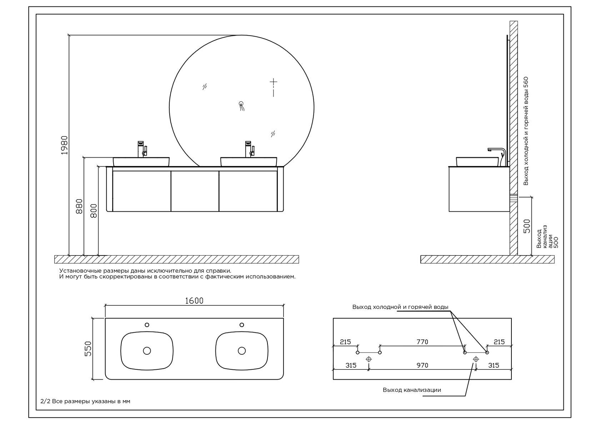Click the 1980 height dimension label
click(x=65, y=145)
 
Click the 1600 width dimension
click(x=194, y=301)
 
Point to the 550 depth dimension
click(x=88, y=349)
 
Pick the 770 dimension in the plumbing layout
click(x=422, y=342)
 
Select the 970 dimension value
click(x=422, y=365)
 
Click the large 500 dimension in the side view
click(x=527, y=226)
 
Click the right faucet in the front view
click(x=249, y=149)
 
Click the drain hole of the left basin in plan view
click(x=147, y=350)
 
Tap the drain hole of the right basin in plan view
click(x=242, y=350)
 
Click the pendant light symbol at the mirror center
click(x=241, y=106)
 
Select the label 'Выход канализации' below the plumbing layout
click(x=412, y=390)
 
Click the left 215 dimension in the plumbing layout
click(x=345, y=342)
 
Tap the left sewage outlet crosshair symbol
click(x=369, y=359)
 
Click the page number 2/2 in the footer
click(x=45, y=401)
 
